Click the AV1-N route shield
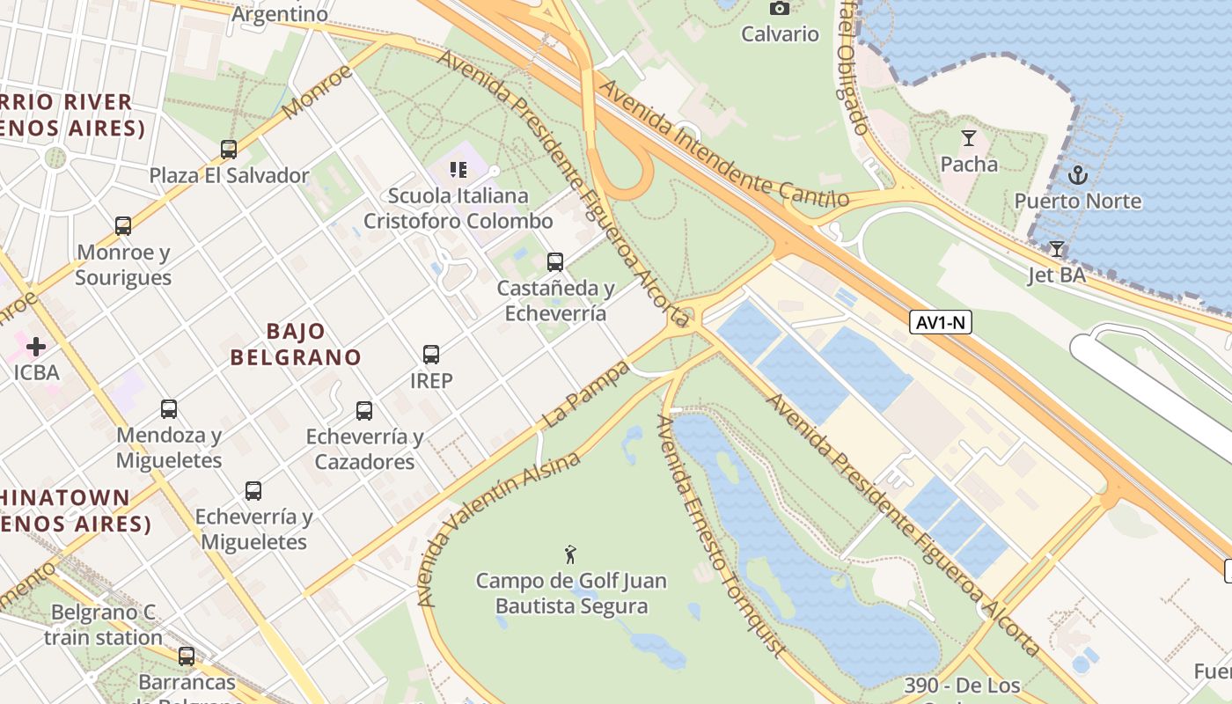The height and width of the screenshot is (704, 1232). [941, 323]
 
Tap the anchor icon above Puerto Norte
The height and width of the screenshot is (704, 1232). [1078, 175]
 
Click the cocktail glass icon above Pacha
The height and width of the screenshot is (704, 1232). [969, 138]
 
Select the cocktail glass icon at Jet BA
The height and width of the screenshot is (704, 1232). [1057, 249]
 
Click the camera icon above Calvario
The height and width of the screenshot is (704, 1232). [780, 8]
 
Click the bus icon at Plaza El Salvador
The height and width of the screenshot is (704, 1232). [229, 150]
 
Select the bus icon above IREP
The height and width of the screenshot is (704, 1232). [431, 355]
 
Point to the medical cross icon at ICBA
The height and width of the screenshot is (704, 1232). [36, 346]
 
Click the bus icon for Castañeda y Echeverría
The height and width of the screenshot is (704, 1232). [555, 262]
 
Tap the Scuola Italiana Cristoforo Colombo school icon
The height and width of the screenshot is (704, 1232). [458, 169]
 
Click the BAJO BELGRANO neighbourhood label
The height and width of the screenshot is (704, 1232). [296, 344]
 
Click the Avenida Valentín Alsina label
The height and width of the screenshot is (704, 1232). [498, 529]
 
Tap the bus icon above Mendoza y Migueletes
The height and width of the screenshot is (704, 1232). [169, 409]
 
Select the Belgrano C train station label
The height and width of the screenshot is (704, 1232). [103, 624]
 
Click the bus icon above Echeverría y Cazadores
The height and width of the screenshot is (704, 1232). [364, 411]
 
